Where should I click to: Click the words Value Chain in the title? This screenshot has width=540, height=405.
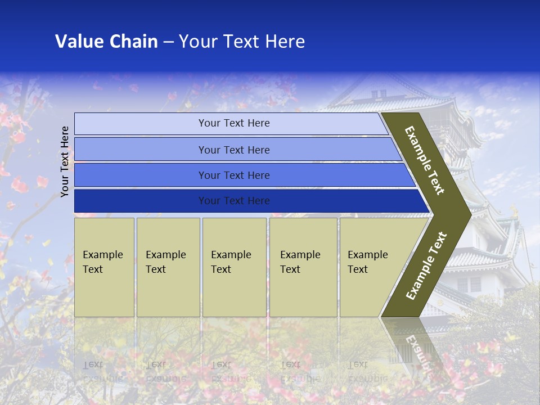106,42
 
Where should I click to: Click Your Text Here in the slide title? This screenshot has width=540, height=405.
242,42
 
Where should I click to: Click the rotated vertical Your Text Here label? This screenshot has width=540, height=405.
65,161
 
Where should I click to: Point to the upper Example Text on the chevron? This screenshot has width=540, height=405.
425,160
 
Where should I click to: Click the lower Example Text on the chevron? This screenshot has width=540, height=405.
426,265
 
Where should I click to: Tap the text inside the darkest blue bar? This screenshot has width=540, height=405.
234,201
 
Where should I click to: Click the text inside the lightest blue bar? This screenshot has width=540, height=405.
234,123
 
